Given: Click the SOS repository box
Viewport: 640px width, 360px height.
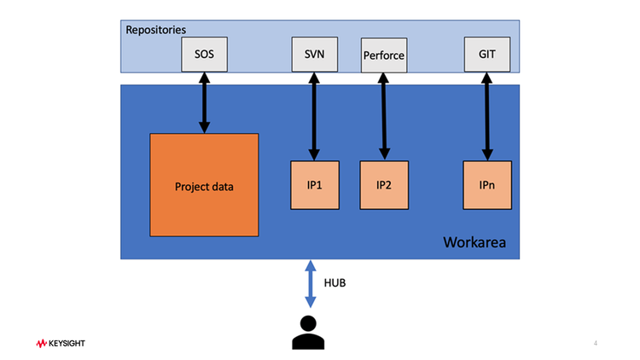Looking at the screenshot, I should pos(205,55).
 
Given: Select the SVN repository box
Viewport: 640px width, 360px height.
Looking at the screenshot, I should pos(313,55).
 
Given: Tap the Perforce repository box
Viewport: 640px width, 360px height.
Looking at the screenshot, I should pos(383,56).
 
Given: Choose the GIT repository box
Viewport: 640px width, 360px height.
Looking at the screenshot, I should pos(486,55).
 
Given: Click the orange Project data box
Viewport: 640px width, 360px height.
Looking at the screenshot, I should pos(204,185).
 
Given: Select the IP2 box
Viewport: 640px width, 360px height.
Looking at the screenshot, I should pos(383,184).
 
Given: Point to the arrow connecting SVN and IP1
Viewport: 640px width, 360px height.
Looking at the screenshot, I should pos(313,115).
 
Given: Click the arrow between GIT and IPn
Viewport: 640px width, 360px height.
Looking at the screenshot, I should pos(487,115).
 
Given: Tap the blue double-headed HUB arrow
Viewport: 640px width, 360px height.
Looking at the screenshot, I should pos(311,284).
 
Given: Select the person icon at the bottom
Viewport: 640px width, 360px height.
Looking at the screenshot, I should pos(311,332).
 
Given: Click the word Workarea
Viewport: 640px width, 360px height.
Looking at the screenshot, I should pos(474,243).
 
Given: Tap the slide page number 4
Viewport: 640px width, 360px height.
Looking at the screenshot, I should pos(595,343).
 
